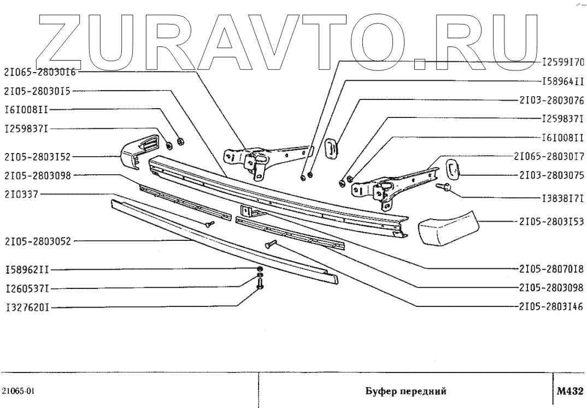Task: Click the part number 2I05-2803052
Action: (37, 240)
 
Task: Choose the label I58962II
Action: (27, 270)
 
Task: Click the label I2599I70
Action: (563, 62)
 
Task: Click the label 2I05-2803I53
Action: (550, 221)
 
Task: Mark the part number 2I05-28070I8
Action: (550, 269)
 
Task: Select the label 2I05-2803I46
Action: (550, 307)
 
